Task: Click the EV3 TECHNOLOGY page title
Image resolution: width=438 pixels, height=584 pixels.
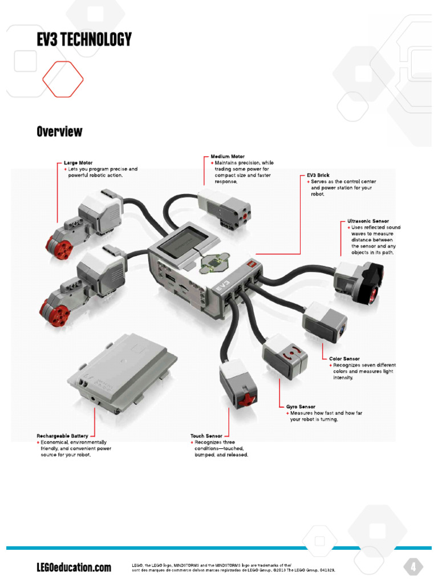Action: [x=84, y=39]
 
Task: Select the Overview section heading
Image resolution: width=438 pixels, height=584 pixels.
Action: [x=59, y=132]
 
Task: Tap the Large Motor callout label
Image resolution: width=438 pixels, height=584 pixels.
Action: [x=78, y=163]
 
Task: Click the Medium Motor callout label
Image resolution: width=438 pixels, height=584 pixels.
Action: [x=228, y=156]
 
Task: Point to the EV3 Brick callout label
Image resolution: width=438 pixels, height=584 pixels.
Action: [x=318, y=175]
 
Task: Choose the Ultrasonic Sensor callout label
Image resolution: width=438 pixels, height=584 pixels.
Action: [x=368, y=220]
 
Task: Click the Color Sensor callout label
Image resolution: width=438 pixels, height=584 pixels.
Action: [x=344, y=359]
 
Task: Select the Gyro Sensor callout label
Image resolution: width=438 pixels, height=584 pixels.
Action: [x=300, y=407]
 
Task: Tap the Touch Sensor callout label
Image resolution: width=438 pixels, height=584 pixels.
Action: [x=206, y=436]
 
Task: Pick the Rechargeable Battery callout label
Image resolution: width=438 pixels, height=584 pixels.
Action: [x=62, y=436]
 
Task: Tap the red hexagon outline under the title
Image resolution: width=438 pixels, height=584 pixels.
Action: [x=63, y=79]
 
